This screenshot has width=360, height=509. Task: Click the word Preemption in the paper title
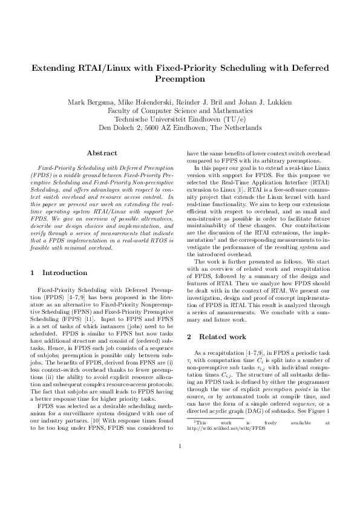click(x=180, y=79)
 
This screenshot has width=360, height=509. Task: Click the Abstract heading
click(x=102, y=154)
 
